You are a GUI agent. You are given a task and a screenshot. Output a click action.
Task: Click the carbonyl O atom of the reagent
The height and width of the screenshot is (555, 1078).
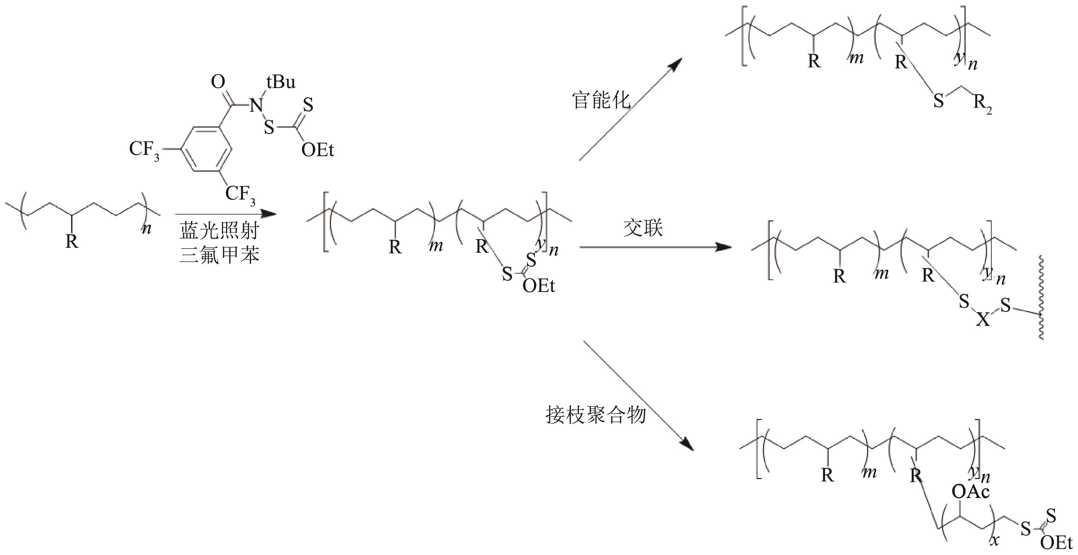218,82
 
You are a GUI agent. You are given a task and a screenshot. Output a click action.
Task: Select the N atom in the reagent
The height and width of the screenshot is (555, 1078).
256,105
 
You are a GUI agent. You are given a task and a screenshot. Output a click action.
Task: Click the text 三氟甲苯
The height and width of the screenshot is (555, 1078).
220,255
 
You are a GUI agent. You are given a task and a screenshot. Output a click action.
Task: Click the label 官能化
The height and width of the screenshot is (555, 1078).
601,100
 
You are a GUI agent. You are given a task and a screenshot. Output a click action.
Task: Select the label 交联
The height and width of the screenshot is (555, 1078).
643,228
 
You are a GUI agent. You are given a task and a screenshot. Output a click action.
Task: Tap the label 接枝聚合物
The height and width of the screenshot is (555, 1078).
596,415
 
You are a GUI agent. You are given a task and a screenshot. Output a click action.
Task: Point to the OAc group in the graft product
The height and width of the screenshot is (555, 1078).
970,492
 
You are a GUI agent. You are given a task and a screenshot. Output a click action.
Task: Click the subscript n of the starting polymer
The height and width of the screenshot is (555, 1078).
146,229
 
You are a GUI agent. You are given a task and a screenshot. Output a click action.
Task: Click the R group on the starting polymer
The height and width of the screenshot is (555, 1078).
72,242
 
